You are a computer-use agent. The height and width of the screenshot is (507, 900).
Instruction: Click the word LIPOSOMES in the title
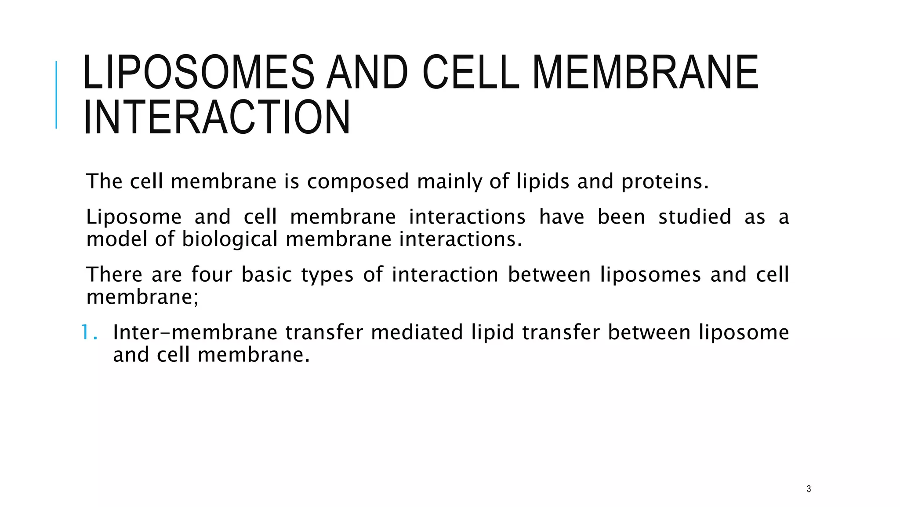coord(198,72)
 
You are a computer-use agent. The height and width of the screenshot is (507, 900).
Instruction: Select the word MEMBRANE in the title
coord(646,72)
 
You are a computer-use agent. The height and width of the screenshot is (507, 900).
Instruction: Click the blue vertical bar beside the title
coord(56,95)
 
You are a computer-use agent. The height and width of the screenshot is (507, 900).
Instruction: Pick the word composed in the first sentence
coord(358,182)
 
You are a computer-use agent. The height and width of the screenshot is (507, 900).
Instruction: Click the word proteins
coord(664,182)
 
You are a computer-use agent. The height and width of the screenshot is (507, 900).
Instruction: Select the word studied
coord(694,217)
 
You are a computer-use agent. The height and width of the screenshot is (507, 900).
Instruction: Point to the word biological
coord(230,239)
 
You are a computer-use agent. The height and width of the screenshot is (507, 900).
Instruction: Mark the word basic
coord(267,275)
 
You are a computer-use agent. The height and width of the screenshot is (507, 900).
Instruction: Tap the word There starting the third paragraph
coord(114,275)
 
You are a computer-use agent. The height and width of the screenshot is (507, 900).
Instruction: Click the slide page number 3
coord(809,489)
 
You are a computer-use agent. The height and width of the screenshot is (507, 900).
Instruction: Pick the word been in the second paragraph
coord(621,217)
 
